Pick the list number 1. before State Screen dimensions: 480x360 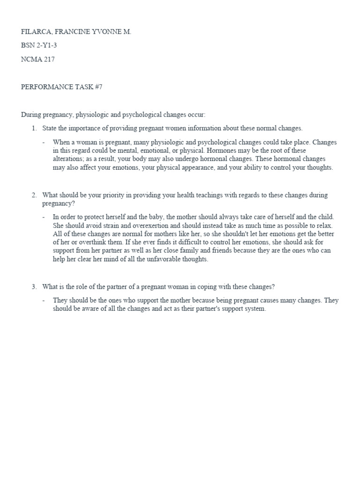pyautogui.click(x=34, y=128)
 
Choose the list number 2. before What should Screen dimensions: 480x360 pyautogui.click(x=34, y=195)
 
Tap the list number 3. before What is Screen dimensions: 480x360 pyautogui.click(x=34, y=286)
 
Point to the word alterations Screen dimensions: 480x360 pyautogui.click(x=70, y=159)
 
